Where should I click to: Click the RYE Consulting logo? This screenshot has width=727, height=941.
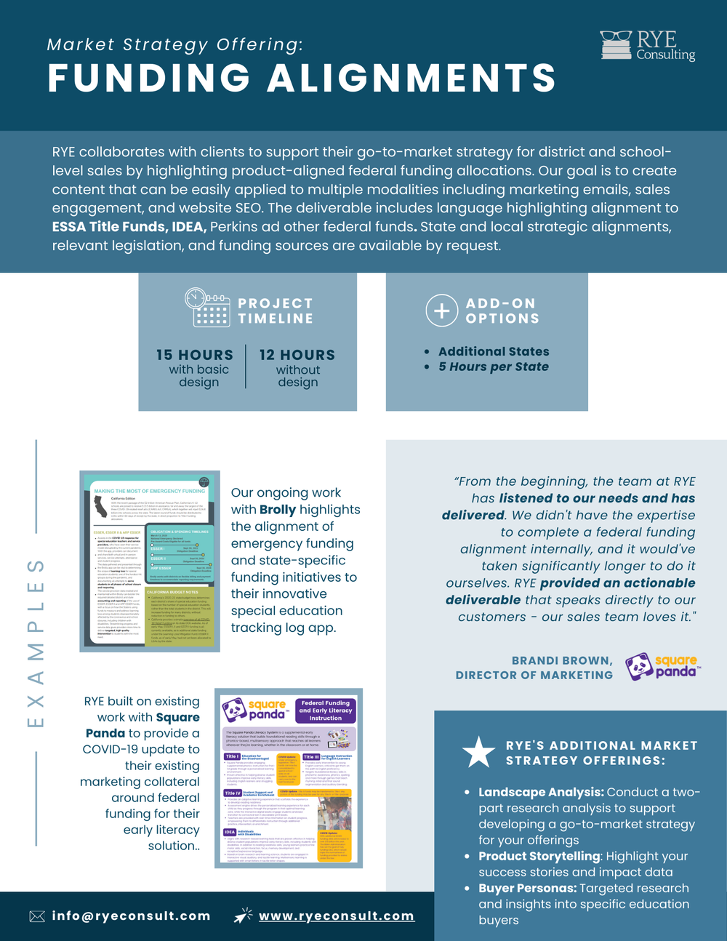click(647, 45)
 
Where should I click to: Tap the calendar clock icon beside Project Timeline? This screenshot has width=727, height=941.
click(207, 308)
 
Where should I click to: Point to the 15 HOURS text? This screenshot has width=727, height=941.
click(195, 355)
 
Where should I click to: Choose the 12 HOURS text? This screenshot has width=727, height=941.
click(297, 355)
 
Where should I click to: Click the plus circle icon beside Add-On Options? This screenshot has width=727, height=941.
click(441, 311)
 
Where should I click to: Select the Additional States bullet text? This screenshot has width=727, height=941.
click(494, 351)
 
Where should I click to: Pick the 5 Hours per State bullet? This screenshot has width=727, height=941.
click(494, 367)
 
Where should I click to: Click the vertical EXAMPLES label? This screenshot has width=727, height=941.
click(36, 643)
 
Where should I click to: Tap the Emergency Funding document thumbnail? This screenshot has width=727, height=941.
click(150, 561)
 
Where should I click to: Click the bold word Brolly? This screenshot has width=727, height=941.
click(278, 510)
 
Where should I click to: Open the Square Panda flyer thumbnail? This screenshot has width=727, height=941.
click(289, 778)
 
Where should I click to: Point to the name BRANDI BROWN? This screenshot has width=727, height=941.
click(561, 660)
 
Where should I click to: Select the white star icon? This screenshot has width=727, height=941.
click(478, 752)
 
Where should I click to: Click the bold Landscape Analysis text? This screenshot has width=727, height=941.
click(541, 792)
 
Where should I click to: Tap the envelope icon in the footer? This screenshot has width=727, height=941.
click(37, 916)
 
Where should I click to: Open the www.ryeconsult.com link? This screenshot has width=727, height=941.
click(337, 916)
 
